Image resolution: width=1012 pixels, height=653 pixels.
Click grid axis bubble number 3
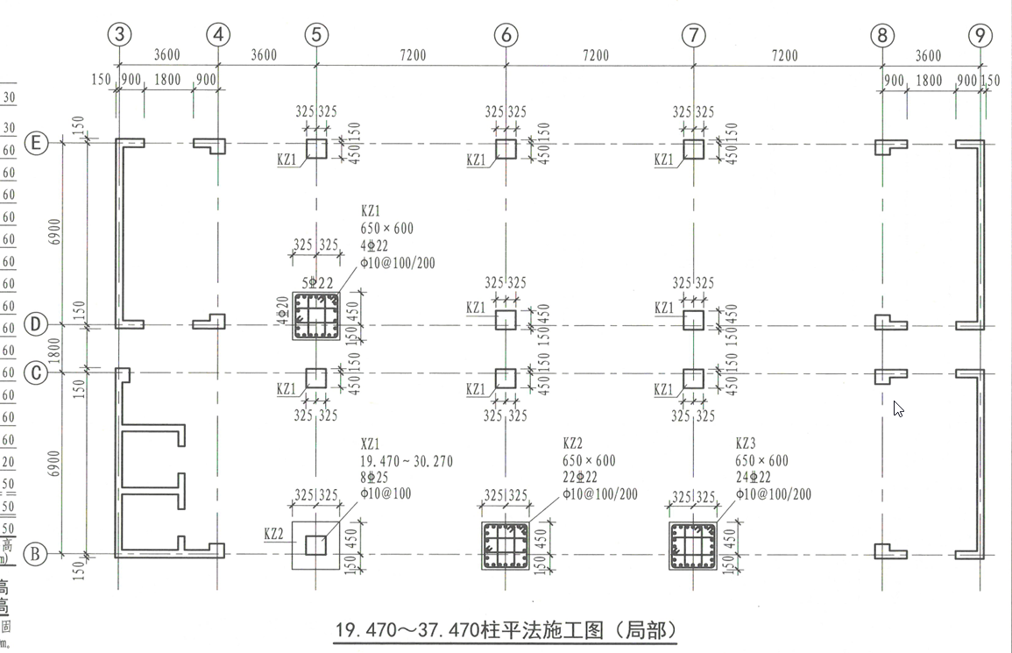[x=120, y=35]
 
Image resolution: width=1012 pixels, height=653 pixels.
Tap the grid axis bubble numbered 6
[x=506, y=35]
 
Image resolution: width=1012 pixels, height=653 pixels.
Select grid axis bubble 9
[x=980, y=35]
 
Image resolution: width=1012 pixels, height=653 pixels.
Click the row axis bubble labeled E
[x=36, y=144]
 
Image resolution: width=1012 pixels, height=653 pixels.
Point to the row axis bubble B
[x=36, y=554]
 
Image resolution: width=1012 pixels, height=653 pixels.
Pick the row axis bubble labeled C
[x=36, y=373]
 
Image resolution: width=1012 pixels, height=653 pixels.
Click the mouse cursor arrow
[x=898, y=408]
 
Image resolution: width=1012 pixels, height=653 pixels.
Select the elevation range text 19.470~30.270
[x=407, y=462]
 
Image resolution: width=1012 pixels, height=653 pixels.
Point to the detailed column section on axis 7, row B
[x=693, y=545]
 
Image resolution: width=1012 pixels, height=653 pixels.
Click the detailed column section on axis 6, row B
[x=506, y=545]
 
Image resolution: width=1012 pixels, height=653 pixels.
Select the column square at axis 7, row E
[x=693, y=149]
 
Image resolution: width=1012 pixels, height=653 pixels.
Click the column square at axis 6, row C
[x=506, y=379]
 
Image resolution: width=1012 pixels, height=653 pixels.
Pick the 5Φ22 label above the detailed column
[x=316, y=282]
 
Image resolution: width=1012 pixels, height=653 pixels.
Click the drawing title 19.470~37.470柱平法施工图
[x=507, y=629]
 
